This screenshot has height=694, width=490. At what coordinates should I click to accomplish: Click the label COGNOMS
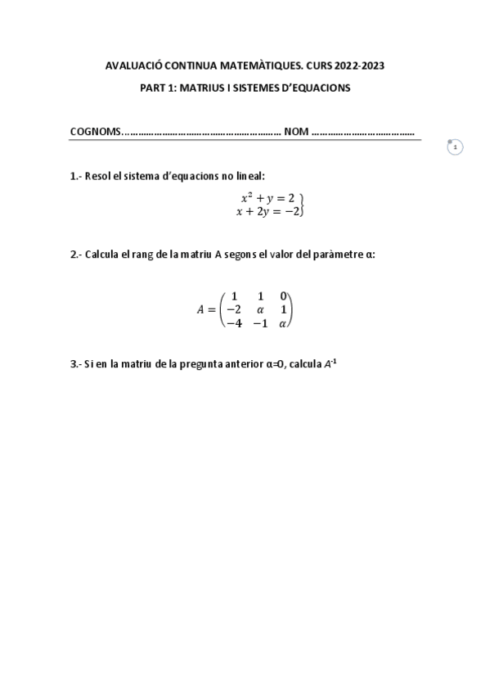[94, 131]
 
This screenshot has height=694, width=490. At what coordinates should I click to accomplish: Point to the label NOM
[295, 131]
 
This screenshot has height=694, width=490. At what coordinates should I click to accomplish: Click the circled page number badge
[455, 147]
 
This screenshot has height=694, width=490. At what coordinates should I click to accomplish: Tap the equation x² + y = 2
[267, 198]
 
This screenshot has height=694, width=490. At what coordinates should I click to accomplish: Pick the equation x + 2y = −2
[267, 211]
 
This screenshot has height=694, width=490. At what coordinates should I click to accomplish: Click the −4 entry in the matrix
[233, 323]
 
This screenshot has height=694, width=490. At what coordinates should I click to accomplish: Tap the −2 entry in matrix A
[233, 309]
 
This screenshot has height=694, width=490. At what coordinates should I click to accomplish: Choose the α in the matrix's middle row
[260, 309]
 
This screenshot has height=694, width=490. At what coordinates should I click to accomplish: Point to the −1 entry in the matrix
[260, 323]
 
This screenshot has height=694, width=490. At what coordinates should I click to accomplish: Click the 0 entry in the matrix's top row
[283, 295]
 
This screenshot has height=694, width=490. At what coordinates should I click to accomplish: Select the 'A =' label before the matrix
[205, 309]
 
